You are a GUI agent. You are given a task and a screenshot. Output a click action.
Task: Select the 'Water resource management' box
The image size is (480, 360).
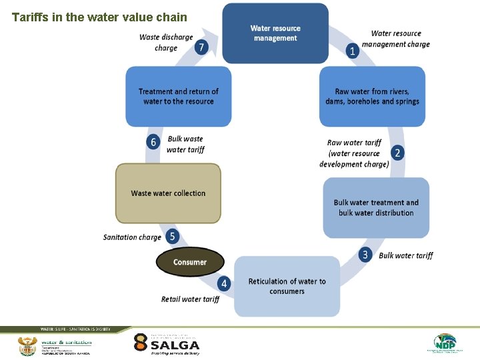(275, 33)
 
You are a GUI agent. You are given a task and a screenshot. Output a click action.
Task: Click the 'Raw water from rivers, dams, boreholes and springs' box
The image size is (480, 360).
(372, 97)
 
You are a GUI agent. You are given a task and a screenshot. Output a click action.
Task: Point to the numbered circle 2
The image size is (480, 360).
(397, 153)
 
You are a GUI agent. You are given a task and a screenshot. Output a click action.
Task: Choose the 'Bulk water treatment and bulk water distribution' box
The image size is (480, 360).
(376, 207)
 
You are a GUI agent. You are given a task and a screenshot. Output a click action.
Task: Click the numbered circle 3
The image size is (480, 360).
(365, 255)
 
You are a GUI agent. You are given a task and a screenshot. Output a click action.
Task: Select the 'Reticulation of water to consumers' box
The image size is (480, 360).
(287, 286)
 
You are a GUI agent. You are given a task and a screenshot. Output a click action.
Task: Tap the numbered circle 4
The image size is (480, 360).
(224, 284)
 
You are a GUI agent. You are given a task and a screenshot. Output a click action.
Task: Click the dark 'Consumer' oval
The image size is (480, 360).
(190, 262)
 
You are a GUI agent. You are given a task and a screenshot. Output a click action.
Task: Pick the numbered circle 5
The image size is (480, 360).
(172, 236)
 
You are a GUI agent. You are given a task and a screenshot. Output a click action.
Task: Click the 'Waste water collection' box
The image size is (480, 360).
(168, 193)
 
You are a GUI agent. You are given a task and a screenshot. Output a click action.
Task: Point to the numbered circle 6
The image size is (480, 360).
(154, 142)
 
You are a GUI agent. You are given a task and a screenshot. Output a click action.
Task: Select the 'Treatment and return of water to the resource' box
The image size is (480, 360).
(178, 97)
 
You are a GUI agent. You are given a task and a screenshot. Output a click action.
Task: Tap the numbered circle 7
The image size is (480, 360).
(202, 47)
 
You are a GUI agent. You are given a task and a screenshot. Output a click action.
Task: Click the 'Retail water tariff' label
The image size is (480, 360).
(190, 299)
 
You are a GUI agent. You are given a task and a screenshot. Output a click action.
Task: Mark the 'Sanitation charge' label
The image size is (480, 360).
(132, 237)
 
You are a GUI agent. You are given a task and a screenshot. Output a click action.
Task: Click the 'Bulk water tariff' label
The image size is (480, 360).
(405, 255)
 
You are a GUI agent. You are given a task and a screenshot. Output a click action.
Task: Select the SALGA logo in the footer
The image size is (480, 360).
(166, 344)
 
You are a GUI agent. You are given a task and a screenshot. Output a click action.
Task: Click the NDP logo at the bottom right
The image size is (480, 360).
(445, 343)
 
